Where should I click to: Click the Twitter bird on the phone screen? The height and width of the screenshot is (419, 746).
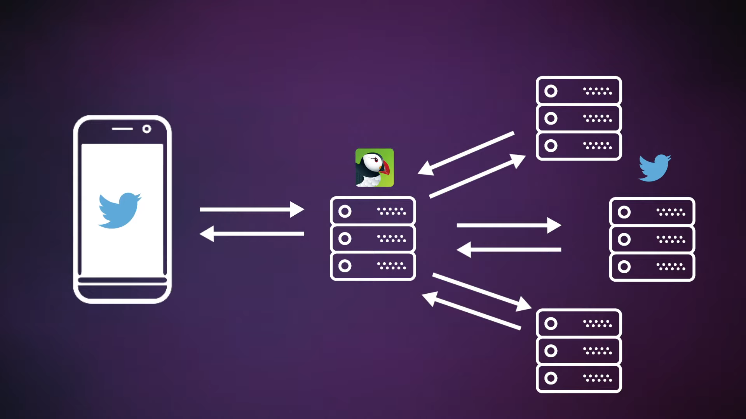coord(119,210)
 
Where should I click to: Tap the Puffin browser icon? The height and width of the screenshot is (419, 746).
coord(375,168)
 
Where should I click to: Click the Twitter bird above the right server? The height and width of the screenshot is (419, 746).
coord(655,168)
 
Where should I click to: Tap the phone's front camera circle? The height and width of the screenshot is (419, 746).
coord(147,129)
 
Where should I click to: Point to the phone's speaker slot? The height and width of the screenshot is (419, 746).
coord(122,129)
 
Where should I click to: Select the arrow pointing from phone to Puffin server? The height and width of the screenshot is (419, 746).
coord(251,209)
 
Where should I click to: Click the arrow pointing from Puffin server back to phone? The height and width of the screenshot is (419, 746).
coord(251,234)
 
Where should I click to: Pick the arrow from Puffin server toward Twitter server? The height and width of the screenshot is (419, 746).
coord(509,225)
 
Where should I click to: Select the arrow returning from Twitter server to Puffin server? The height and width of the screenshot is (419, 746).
coord(509,249)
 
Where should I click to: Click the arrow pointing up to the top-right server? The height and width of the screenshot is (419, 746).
coord(478,176)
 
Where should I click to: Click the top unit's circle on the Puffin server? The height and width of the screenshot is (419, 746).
coord(345,211)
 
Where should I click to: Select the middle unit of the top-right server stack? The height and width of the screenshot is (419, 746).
coord(579,118)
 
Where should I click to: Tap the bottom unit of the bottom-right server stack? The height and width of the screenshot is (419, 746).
coord(579,378)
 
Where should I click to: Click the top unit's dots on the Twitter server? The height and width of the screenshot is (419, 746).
coord(671,212)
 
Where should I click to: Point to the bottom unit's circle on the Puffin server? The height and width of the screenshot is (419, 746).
coord(345,266)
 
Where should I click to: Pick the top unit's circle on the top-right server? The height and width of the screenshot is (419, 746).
coord(551,91)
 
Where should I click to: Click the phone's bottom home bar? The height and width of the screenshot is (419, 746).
coord(122,280)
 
